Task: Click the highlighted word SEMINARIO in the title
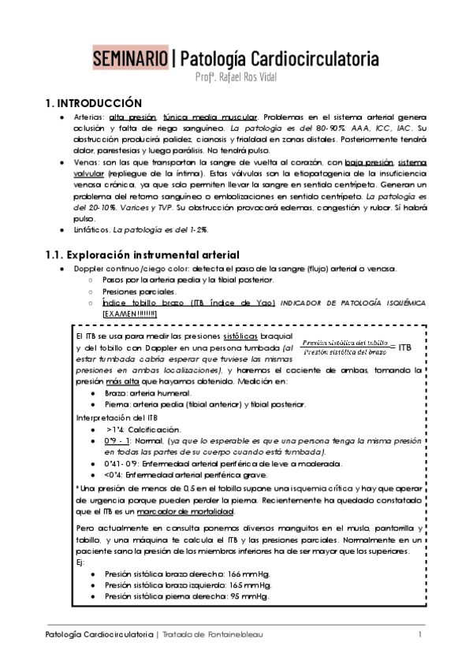(x=130, y=58)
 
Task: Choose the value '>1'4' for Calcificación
(x=114, y=430)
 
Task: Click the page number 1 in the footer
(x=420, y=635)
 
